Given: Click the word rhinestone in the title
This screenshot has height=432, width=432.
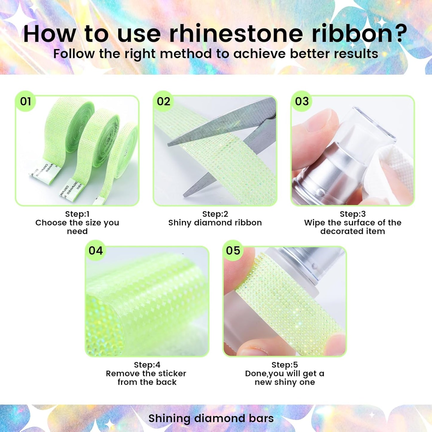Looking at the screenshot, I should [236, 34].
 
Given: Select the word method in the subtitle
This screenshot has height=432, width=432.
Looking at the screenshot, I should [186, 54].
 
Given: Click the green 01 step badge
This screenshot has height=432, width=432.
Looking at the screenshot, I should [26, 102].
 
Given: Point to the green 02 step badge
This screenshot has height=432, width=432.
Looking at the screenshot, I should [164, 102].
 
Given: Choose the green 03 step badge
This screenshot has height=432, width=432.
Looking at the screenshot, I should [302, 102].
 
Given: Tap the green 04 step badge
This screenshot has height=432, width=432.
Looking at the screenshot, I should [96, 251].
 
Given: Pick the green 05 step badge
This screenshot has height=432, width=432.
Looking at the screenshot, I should [233, 251].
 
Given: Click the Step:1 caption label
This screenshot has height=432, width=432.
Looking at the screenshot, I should [77, 214].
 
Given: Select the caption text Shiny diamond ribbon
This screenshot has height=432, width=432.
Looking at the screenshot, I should [215, 223].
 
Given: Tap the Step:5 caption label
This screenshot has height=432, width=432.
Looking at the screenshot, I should [285, 365].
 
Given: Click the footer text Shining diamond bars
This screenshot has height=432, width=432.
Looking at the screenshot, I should [211, 419].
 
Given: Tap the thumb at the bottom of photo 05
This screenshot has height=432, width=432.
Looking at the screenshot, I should [257, 348].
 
